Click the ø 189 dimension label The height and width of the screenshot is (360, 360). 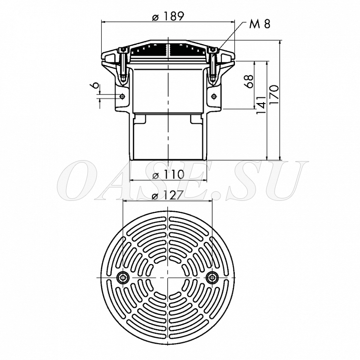point(168,16)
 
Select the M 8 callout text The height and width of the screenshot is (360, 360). point(260,24)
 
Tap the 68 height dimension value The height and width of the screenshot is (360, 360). point(250,81)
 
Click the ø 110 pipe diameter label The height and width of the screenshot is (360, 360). point(168,174)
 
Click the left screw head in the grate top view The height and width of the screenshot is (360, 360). point(123,278)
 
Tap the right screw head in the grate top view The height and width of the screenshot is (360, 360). point(212,278)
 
